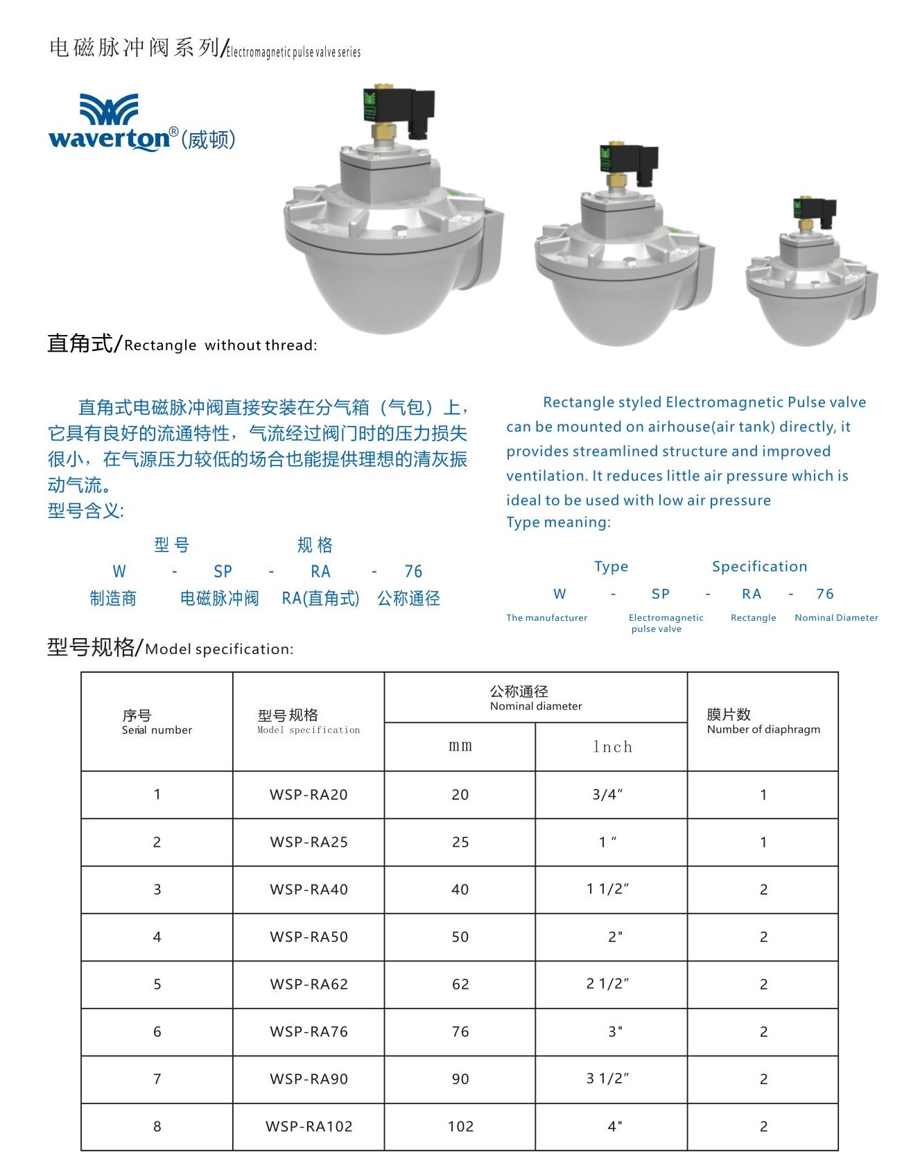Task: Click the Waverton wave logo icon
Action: pyautogui.click(x=108, y=109)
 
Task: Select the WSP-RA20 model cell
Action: pyautogui.click(x=309, y=795)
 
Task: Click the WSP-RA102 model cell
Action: pyautogui.click(x=309, y=1126)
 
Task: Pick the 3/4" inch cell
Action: pyautogui.click(x=607, y=795)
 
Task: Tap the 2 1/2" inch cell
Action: pyautogui.click(x=607, y=984)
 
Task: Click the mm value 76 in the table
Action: pyautogui.click(x=460, y=1031)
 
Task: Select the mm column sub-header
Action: pyautogui.click(x=460, y=746)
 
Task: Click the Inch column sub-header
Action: pyautogui.click(x=612, y=747)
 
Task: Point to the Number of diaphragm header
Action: pyautogui.click(x=763, y=721)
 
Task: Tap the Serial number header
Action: pyautogui.click(x=157, y=722)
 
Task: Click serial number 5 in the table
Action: pyautogui.click(x=157, y=984)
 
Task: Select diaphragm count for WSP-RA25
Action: pyautogui.click(x=763, y=842)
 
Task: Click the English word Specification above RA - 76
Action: pyautogui.click(x=759, y=567)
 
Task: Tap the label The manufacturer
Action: pyautogui.click(x=546, y=617)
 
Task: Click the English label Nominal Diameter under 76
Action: pyautogui.click(x=836, y=617)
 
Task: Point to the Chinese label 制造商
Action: pyautogui.click(x=113, y=599)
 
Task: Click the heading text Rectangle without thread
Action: pyautogui.click(x=220, y=345)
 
